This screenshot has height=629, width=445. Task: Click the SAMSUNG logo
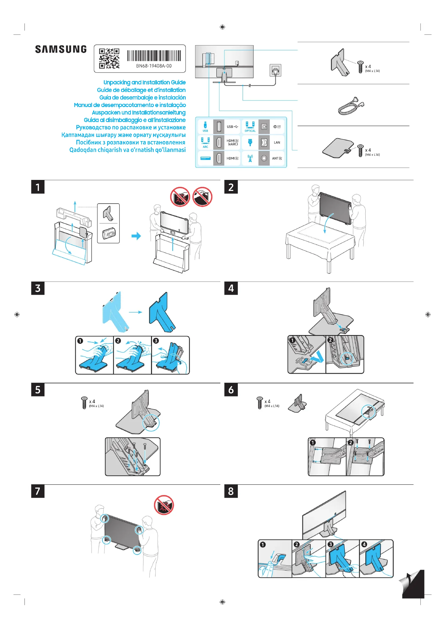[x=61, y=49]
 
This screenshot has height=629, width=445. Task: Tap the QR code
[x=109, y=58]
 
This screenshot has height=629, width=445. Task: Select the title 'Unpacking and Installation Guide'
[x=144, y=83]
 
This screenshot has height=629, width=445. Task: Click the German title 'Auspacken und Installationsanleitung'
[x=139, y=113]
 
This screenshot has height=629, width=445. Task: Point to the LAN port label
[x=277, y=143]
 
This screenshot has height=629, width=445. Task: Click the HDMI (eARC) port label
[x=232, y=143]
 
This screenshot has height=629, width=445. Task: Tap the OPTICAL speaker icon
[x=250, y=125]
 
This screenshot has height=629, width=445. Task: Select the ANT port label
[x=277, y=158]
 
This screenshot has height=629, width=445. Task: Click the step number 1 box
[x=38, y=187]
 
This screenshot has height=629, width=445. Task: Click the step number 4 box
[x=231, y=288]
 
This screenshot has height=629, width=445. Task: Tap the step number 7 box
[x=38, y=491]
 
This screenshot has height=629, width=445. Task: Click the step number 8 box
[x=231, y=491]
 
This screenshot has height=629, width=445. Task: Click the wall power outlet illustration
[x=276, y=70]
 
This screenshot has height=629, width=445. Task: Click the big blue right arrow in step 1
[x=136, y=236]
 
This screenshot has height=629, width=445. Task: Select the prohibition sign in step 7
[x=164, y=505]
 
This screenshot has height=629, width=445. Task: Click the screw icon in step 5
[x=84, y=403]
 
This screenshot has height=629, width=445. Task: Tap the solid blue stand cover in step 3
[x=162, y=312]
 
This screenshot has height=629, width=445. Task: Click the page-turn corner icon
[x=412, y=584]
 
